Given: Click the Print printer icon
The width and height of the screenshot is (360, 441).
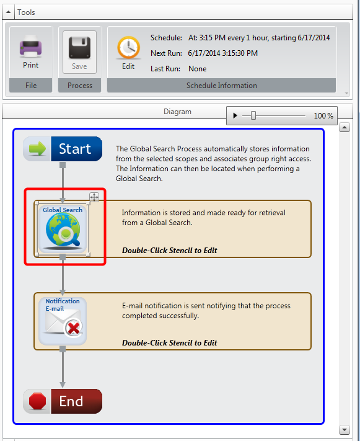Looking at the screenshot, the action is click(x=30, y=47).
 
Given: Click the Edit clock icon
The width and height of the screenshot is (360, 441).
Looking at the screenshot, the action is click(x=128, y=48).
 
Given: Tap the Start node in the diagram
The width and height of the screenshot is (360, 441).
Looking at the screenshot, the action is click(x=63, y=149).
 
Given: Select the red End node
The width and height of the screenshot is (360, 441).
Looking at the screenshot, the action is click(x=63, y=401).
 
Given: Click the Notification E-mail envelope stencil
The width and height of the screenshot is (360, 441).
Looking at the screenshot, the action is click(x=63, y=321).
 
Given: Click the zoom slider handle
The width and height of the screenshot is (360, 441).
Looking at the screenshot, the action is click(x=253, y=115).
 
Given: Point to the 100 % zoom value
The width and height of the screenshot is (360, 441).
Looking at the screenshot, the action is click(x=323, y=115).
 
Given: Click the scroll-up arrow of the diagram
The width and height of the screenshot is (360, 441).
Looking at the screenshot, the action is click(x=345, y=127).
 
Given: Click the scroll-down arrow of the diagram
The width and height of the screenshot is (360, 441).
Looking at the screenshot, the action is click(x=345, y=430).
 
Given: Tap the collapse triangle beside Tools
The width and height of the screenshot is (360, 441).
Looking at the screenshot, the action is click(x=8, y=12).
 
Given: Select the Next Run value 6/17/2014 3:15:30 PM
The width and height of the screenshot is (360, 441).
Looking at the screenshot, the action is click(x=222, y=53).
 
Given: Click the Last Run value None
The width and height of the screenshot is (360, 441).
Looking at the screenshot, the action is click(x=197, y=69).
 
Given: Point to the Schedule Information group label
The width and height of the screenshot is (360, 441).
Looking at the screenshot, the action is click(x=221, y=86).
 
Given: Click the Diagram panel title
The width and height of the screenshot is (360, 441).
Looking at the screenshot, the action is click(x=177, y=112).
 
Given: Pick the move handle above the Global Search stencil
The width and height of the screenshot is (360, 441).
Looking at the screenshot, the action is click(x=94, y=197).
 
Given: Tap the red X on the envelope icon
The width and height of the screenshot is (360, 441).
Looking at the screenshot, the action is click(x=74, y=328).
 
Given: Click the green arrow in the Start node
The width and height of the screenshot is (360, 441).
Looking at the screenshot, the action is click(x=37, y=148).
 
